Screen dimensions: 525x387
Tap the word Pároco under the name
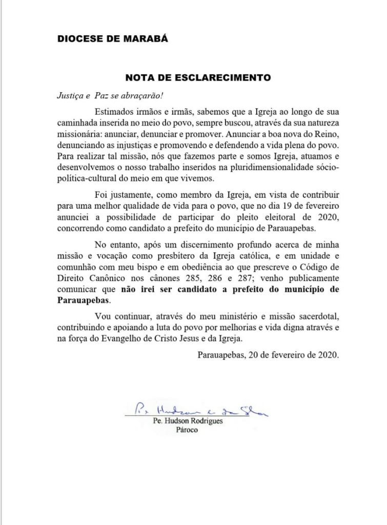(186, 431)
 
